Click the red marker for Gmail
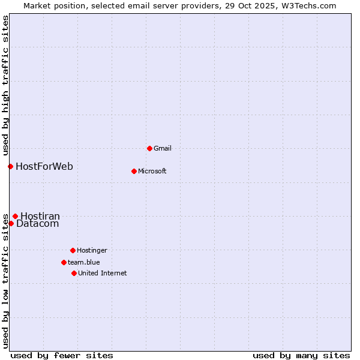point(149,148)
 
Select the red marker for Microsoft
point(134,171)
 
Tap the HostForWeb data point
point(10,166)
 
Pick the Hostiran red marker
point(15,216)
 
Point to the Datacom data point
point(11,223)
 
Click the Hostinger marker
point(73,250)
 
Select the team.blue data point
point(64,262)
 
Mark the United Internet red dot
point(74,273)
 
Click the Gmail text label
point(163,148)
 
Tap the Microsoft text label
point(152,171)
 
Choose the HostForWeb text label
point(44,166)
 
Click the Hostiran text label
point(40,216)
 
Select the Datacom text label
point(38,224)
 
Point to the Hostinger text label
point(92,250)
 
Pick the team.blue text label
point(84,262)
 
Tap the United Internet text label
point(103,273)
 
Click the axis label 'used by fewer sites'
point(62,355)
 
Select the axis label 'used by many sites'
point(301,355)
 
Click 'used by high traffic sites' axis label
point(5,85)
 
